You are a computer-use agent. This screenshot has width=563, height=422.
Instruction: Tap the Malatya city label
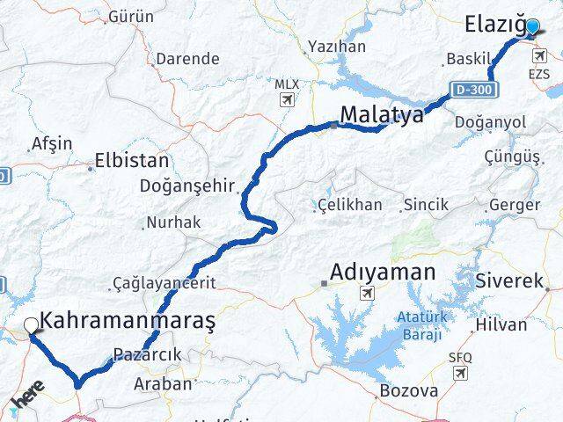(x=381, y=115)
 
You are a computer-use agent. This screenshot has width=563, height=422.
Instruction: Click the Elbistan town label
(x=133, y=162)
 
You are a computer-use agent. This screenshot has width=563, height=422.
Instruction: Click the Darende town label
(x=186, y=59)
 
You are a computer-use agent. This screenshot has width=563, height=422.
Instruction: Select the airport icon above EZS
(x=538, y=56)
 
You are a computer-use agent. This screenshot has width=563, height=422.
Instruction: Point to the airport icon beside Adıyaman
(x=366, y=293)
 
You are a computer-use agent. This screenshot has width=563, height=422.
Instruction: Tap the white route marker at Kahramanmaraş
(x=32, y=325)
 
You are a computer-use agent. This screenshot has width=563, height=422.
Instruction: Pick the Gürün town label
(x=129, y=17)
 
